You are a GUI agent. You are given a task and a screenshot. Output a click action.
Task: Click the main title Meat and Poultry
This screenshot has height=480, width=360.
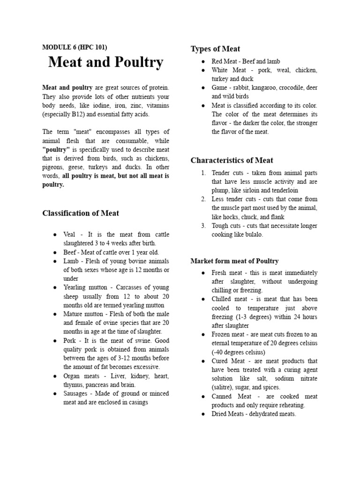[105, 62]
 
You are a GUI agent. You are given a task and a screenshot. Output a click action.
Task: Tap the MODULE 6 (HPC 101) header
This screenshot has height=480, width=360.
[75, 47]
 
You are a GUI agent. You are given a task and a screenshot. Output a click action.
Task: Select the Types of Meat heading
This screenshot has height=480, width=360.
[215, 49]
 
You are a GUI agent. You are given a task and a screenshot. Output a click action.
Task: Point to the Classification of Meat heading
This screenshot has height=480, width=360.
[81, 213]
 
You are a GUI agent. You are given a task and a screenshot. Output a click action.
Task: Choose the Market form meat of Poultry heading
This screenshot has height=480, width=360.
[234, 261]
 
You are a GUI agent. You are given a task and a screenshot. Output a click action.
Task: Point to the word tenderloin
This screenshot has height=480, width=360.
[280, 190]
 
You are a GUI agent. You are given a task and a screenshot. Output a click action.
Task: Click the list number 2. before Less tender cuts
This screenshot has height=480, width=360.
[203, 199]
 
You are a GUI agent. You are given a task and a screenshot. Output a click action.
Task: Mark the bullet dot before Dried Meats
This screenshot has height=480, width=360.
[202, 414]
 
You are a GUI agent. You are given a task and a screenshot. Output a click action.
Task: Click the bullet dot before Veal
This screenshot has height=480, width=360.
[55, 234]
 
